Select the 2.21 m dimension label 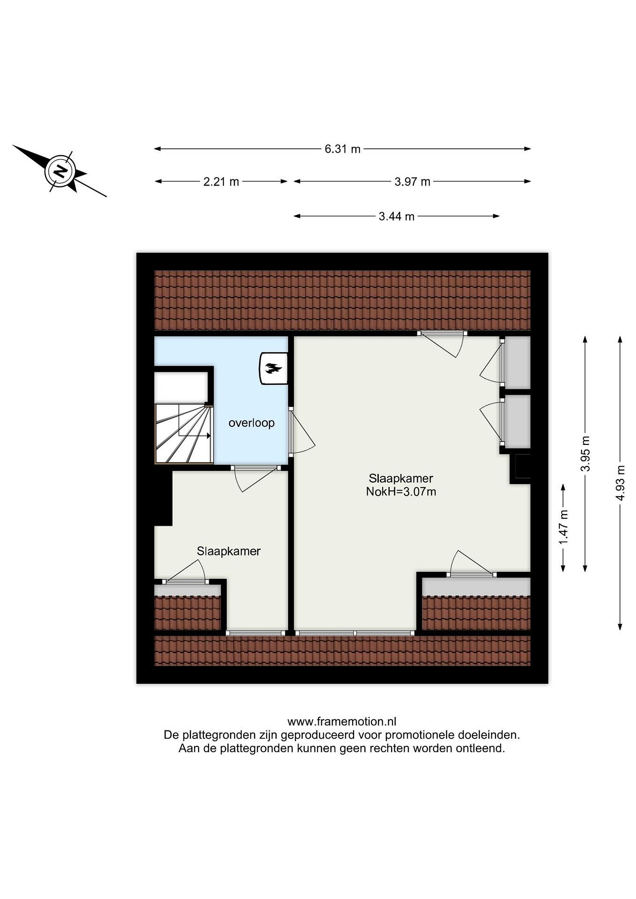[x=221, y=182]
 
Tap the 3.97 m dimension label [x=412, y=182]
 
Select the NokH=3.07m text [x=401, y=492]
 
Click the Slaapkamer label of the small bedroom [x=229, y=551]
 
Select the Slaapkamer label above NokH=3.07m [x=401, y=479]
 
